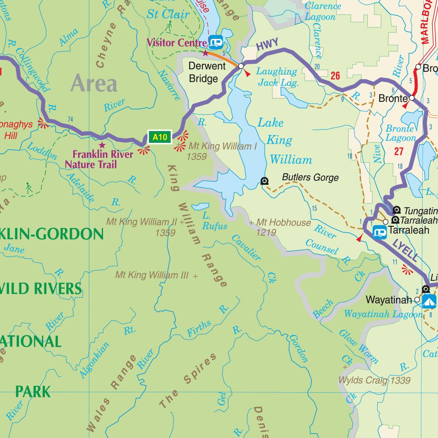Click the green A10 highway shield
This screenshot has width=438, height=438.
click(160, 137)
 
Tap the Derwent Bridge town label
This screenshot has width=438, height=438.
click(207, 72)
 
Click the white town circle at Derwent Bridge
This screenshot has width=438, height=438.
click(241, 66)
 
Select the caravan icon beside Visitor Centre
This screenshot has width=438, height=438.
click(216, 42)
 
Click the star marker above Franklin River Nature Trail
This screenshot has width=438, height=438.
click(102, 145)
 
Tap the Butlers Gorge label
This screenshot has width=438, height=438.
click(310, 178)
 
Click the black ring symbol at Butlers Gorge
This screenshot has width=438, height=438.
click(265, 181)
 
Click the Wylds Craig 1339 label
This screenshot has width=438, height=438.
click(374, 380)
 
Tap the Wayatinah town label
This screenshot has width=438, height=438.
click(388, 299)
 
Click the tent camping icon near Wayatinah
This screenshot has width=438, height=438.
click(429, 300)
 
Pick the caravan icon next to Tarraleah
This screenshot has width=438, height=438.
click(379, 232)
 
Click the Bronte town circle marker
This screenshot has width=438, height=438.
click(411, 98)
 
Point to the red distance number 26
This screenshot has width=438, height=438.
click(335, 76)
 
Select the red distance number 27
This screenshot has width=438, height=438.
click(399, 151)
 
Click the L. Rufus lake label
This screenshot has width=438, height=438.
click(212, 221)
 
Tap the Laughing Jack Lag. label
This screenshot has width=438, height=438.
click(277, 77)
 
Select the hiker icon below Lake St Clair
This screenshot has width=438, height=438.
click(169, 27)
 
